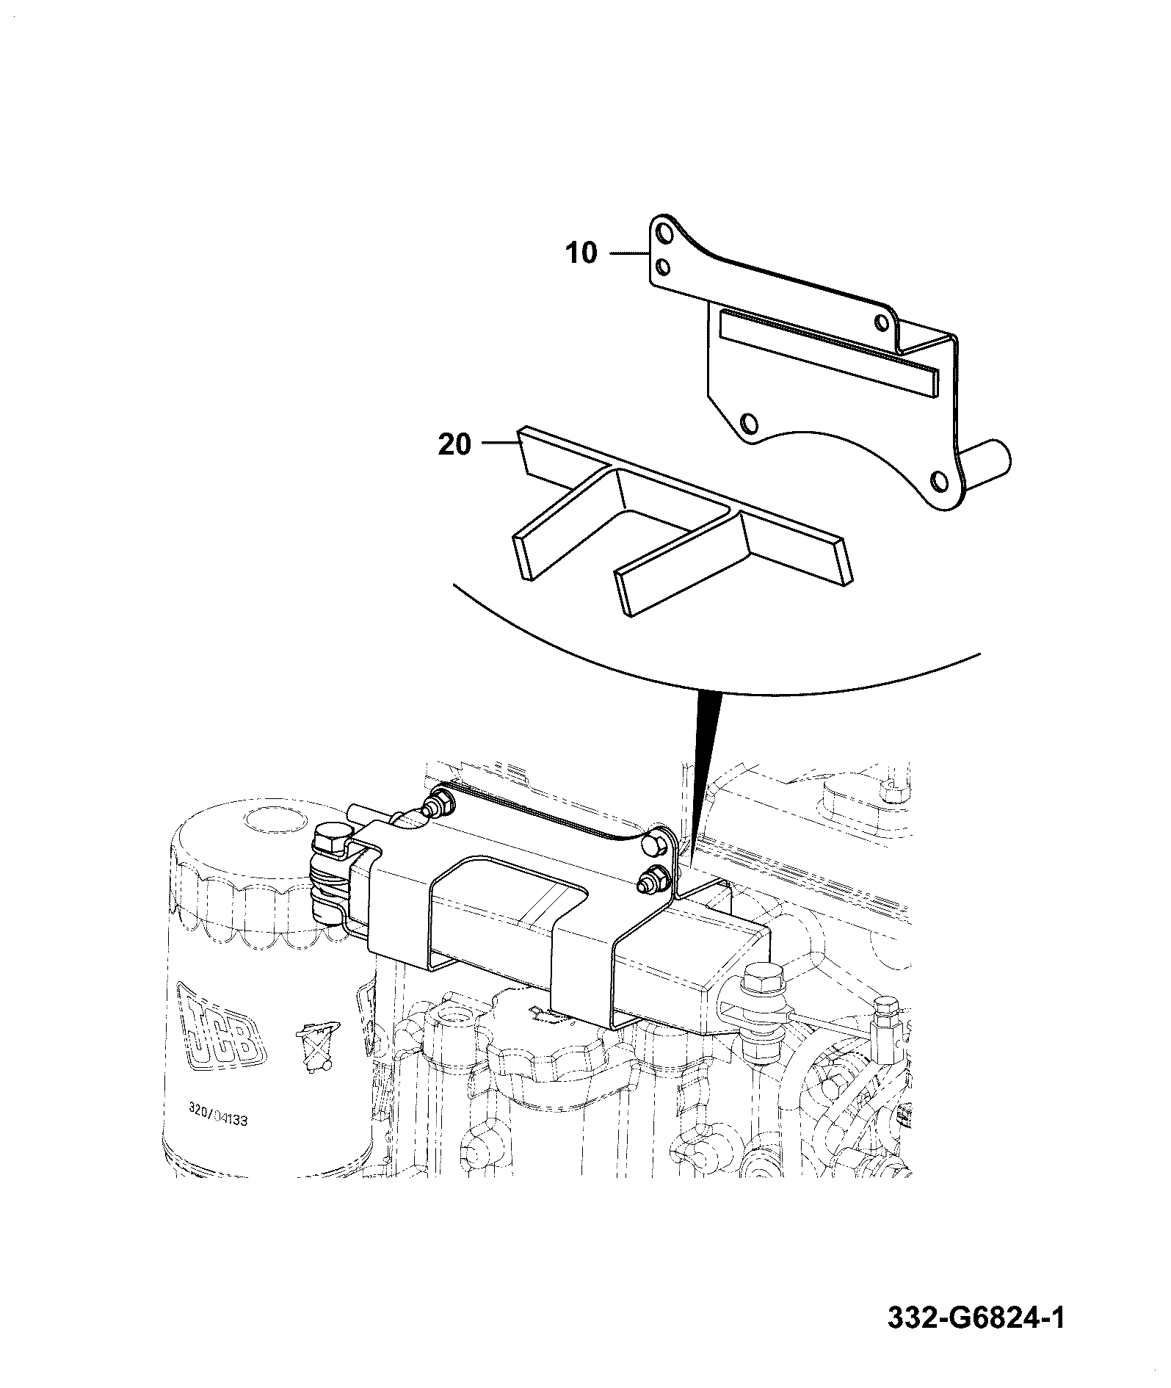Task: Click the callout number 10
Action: tap(582, 253)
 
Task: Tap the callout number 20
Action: tap(454, 444)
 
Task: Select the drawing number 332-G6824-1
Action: tap(976, 1317)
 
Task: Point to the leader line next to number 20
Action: tap(501, 443)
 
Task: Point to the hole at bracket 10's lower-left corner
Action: tap(750, 423)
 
